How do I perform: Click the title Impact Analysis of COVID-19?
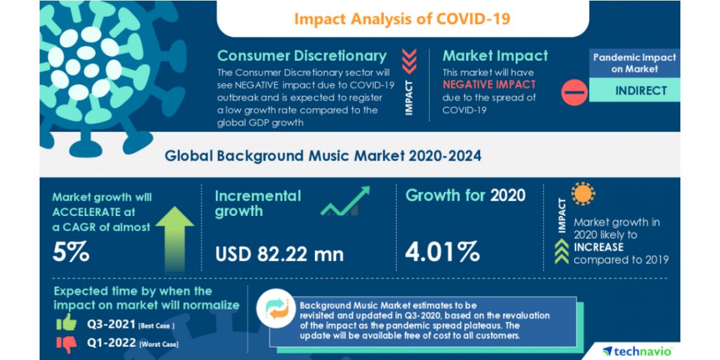(x=402, y=18)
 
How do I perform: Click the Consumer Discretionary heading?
(x=301, y=56)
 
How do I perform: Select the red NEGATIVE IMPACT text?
(x=489, y=84)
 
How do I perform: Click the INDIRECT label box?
(x=634, y=90)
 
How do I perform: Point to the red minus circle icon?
(x=574, y=92)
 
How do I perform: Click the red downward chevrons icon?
(x=409, y=61)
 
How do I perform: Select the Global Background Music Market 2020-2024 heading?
(x=323, y=155)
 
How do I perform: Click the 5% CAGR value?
(x=71, y=252)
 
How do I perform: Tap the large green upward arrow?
(x=174, y=239)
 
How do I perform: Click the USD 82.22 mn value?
(x=279, y=254)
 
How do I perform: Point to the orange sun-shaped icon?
(x=584, y=194)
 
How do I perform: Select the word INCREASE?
(x=598, y=247)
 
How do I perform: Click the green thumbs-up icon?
(x=66, y=323)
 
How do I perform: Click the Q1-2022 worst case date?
(x=111, y=343)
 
